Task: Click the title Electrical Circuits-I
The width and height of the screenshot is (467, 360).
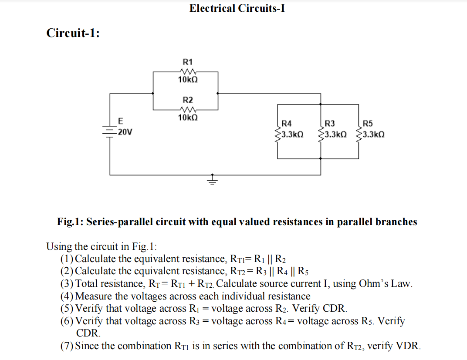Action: (237, 8)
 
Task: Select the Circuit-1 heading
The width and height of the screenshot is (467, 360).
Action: (73, 33)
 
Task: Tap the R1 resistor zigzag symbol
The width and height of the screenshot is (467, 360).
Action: (188, 71)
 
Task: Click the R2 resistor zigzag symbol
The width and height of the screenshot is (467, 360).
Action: (188, 109)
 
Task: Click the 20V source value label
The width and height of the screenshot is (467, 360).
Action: (125, 132)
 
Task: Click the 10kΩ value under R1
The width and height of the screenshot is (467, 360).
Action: (188, 80)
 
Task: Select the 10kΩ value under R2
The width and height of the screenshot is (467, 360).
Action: (188, 118)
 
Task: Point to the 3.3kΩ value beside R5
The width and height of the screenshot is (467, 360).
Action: (373, 135)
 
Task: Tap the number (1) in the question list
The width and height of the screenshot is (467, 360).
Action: (67, 259)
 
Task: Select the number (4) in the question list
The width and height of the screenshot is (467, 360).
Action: (67, 296)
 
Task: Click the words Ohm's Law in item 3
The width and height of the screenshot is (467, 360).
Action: (384, 284)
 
